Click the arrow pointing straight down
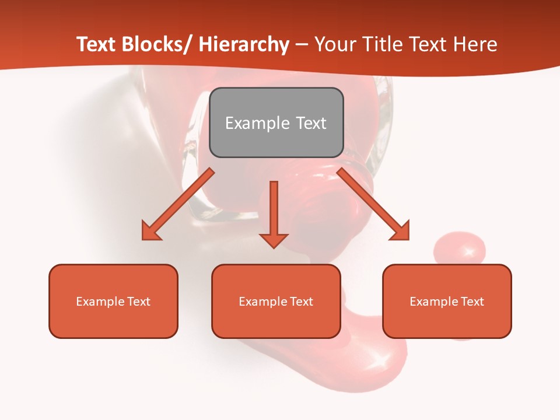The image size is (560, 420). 274,213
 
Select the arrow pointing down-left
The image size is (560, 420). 178,204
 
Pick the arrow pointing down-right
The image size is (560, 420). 373,204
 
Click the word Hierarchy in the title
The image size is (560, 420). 243,44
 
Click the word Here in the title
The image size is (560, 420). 476,44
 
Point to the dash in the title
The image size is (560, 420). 302,45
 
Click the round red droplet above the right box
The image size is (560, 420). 460,250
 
